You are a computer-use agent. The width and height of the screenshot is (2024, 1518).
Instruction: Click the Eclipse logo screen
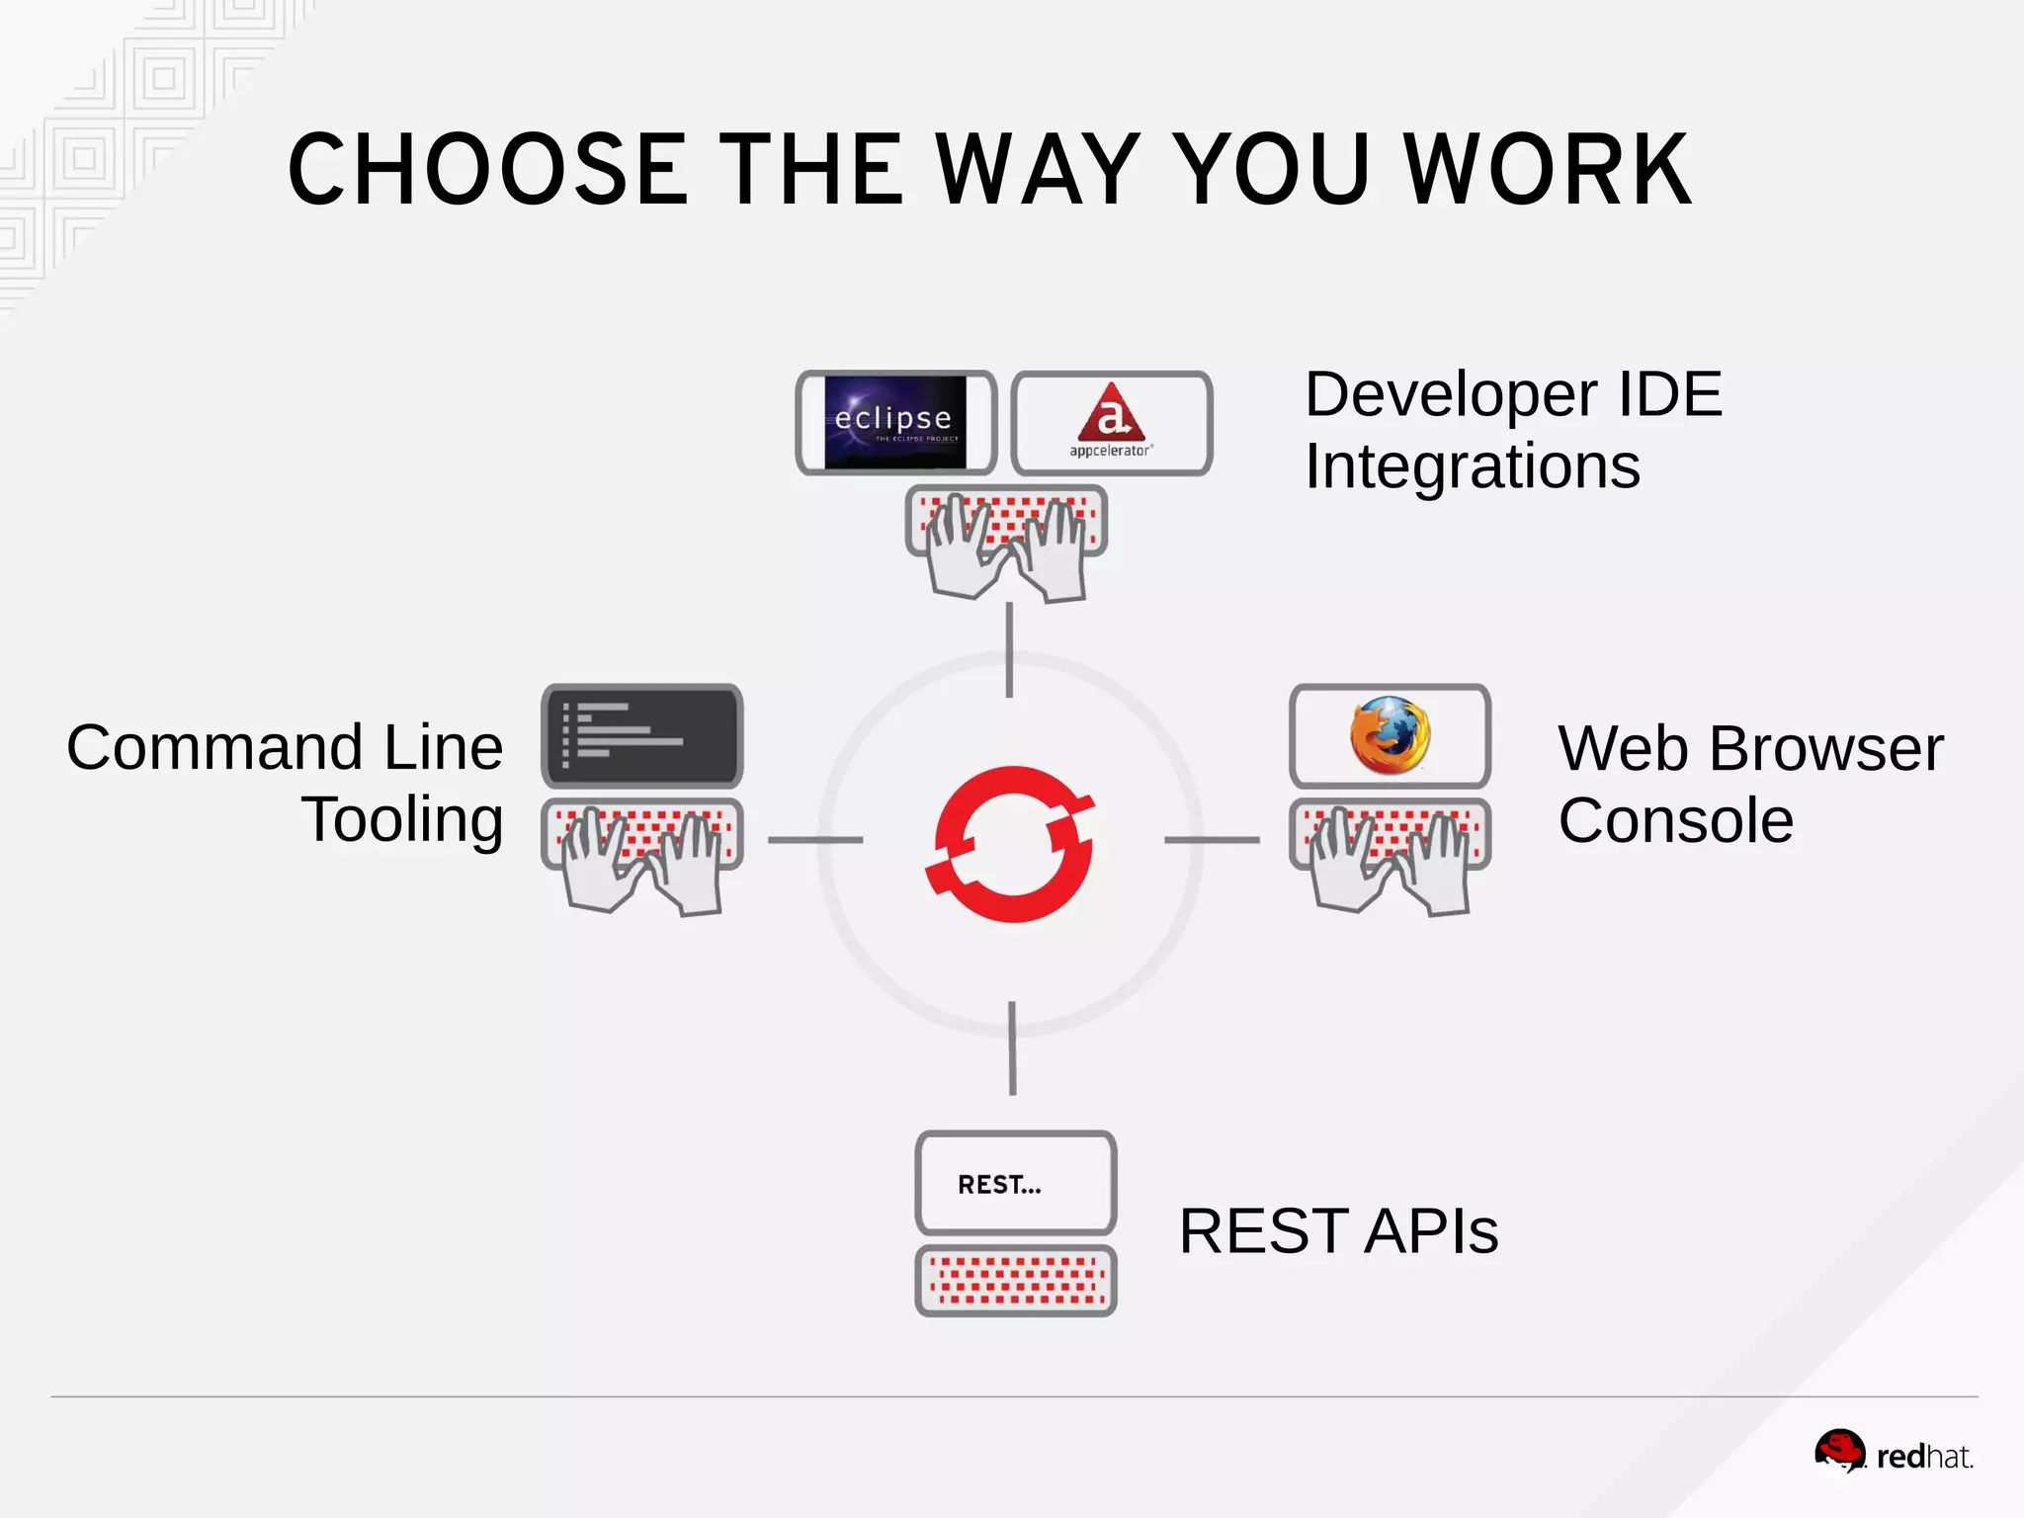tap(895, 423)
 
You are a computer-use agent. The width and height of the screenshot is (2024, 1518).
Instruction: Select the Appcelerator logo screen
tap(1112, 423)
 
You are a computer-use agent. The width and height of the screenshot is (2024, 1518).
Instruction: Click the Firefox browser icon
tap(1390, 735)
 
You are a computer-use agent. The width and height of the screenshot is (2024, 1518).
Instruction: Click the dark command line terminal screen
tap(641, 735)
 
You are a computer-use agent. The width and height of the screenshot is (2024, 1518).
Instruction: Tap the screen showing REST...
tap(1016, 1183)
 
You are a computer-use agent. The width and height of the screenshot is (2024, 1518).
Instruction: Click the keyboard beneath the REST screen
tap(1016, 1281)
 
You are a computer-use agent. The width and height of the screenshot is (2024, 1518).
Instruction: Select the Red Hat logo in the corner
tap(1893, 1453)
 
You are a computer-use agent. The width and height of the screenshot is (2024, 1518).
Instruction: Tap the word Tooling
tap(402, 821)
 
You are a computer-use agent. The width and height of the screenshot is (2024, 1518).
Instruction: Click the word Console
tap(1675, 821)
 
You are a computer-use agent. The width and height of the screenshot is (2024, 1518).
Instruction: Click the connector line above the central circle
tap(1009, 650)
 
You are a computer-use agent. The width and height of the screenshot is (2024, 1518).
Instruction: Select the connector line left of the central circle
tap(815, 840)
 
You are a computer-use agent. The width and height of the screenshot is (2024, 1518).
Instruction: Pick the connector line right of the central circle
tap(1212, 840)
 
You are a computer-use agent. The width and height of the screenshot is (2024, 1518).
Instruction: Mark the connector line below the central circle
tap(1012, 1048)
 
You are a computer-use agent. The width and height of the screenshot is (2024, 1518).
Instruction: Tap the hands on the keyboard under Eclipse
tap(1006, 548)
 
